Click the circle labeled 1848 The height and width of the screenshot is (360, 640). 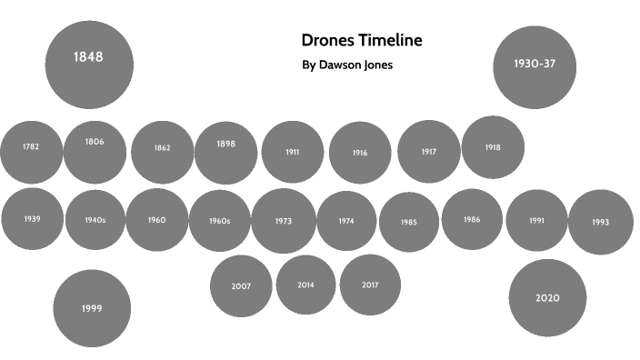[x=89, y=63]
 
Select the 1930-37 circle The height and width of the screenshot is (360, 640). [x=535, y=65]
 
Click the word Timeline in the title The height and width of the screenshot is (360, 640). [x=391, y=41]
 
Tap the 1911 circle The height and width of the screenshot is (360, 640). [x=292, y=152]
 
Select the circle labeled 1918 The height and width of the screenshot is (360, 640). [x=493, y=147]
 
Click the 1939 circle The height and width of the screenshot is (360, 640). [x=32, y=219]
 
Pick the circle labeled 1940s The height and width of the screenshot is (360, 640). [x=95, y=220]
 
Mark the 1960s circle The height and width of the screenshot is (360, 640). [x=220, y=221]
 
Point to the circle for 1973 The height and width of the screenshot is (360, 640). [x=284, y=221]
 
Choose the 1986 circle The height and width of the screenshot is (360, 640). [x=472, y=219]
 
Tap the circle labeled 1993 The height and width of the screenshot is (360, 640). [x=600, y=222]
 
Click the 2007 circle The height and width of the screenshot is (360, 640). [x=241, y=285]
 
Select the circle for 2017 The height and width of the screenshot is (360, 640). [x=370, y=285]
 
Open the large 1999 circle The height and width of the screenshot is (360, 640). [x=91, y=308]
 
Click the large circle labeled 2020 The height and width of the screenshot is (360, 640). [x=547, y=298]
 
